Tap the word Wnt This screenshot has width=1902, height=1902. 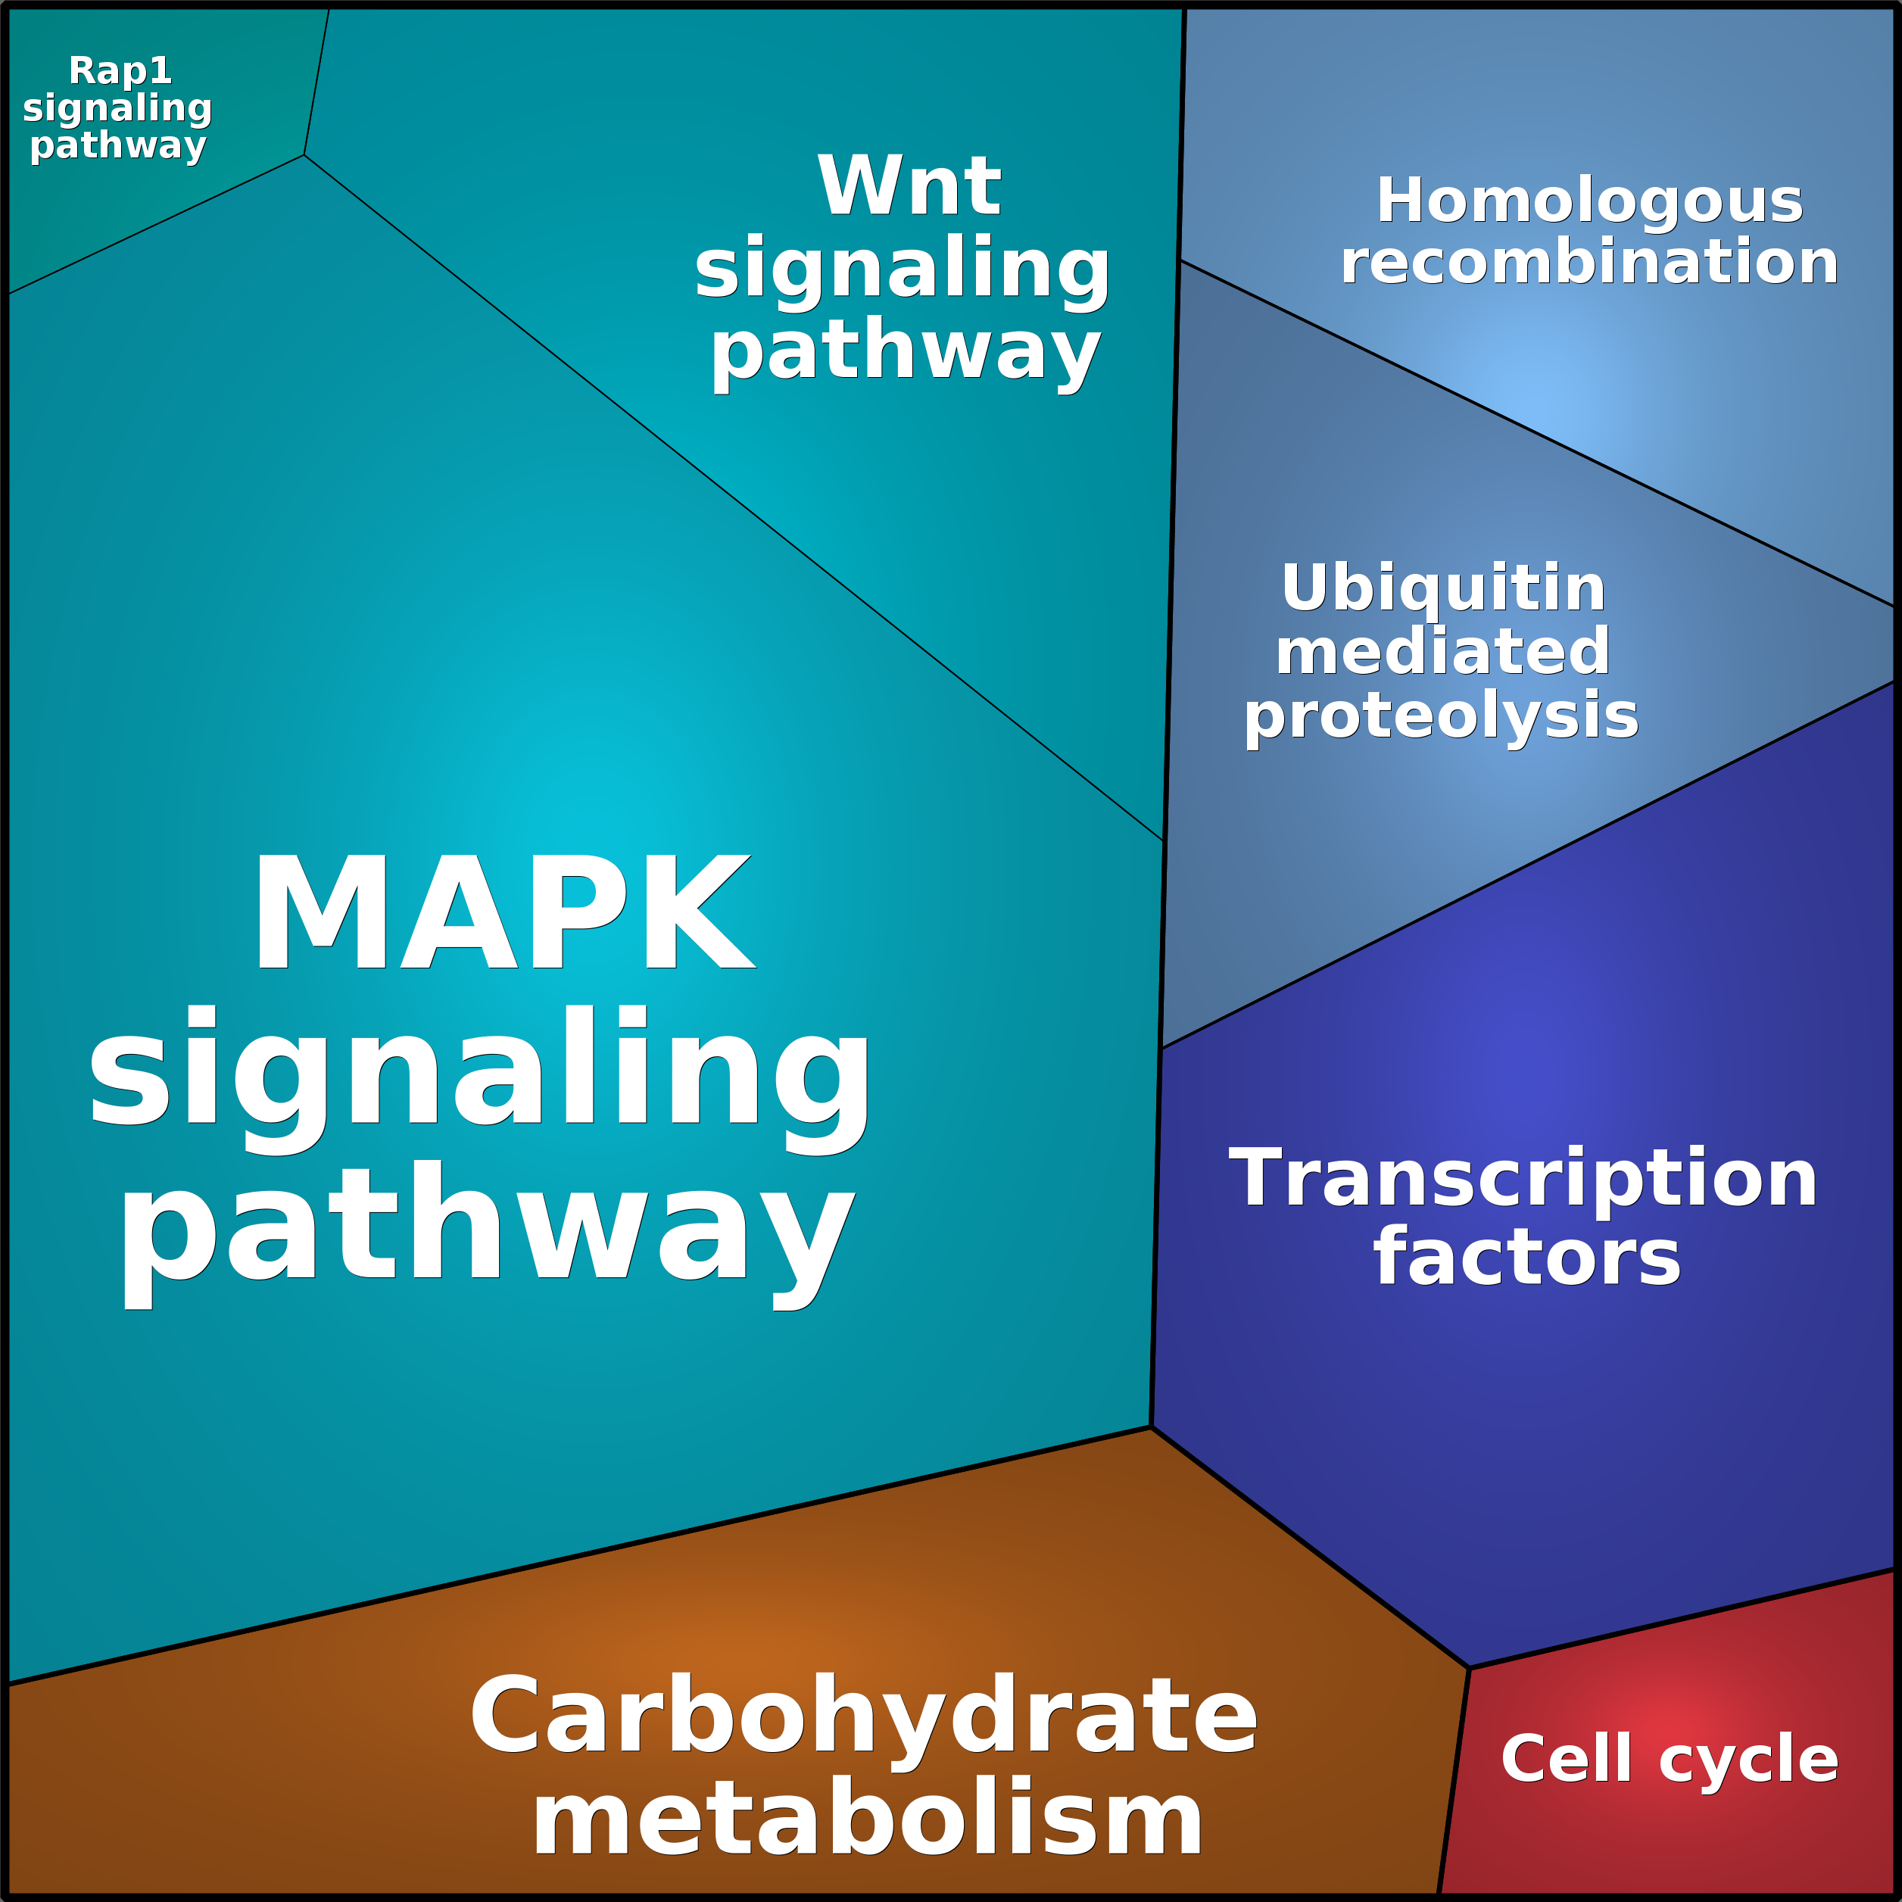(909, 186)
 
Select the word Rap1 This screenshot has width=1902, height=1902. (120, 71)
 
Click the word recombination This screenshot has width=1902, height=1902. (1589, 262)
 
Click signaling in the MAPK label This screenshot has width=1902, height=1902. (479, 1073)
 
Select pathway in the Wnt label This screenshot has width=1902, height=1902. (904, 352)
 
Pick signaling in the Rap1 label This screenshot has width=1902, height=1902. (117, 108)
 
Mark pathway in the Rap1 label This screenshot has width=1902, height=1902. (118, 145)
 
